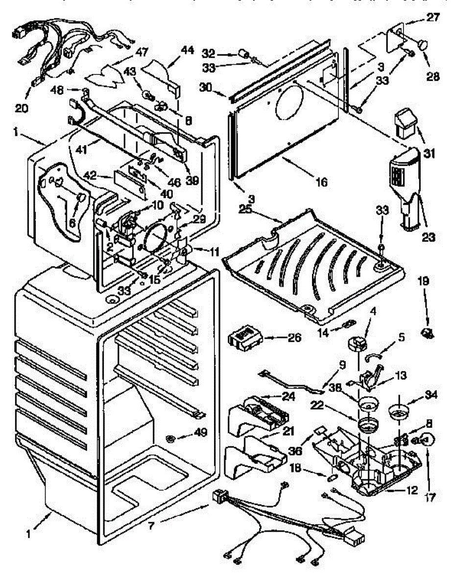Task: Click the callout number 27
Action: click(x=433, y=18)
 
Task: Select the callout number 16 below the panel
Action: click(x=321, y=182)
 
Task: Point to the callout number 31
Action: click(x=429, y=153)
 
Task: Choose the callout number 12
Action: click(x=411, y=490)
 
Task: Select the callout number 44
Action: click(x=188, y=50)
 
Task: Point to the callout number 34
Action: click(x=431, y=394)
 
